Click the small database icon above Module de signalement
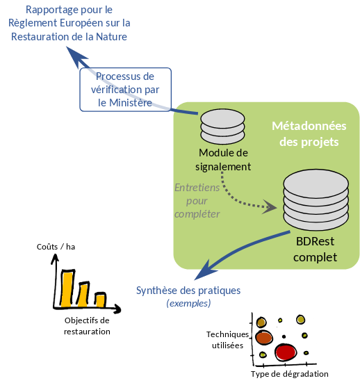coord(222,127)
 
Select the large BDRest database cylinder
coord(316,199)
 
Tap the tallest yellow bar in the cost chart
coord(67,289)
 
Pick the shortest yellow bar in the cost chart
coord(100,301)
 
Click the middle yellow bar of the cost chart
coord(83,295)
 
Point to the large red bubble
coord(286,352)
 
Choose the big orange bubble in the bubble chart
coord(264,338)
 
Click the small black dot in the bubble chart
coord(284,336)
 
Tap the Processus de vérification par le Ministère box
coord(126,90)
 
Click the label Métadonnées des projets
coord(309,134)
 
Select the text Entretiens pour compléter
coord(197,201)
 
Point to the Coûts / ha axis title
coord(56,247)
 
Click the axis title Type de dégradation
coord(289,374)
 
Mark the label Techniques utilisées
coord(227,340)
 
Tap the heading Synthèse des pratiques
coord(188,291)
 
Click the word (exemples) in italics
coord(188,303)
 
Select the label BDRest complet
coord(315,249)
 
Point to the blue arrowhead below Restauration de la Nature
coord(76,57)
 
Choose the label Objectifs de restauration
coord(87,326)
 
